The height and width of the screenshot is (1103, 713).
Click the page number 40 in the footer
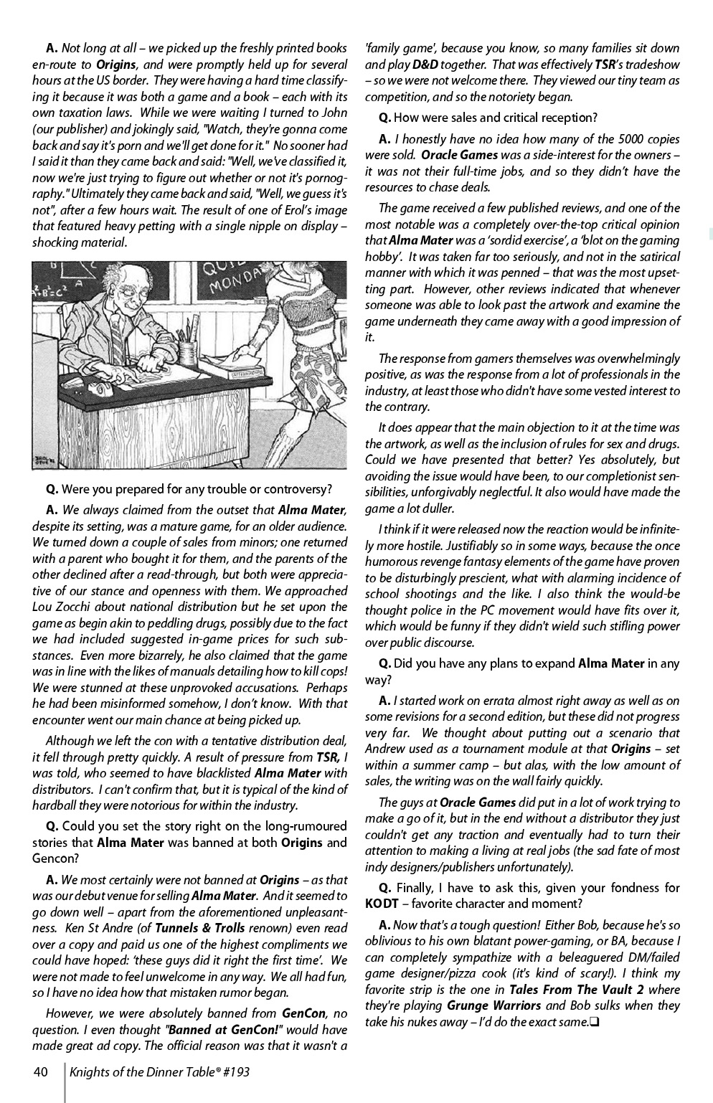coord(40,1072)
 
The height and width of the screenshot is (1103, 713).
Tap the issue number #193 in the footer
coord(235,1072)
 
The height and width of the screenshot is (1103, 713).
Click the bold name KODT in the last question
coord(382,904)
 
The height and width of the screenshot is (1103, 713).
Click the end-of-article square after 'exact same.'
coord(594,1022)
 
